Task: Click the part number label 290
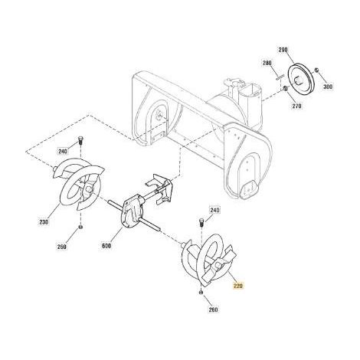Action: click(283, 50)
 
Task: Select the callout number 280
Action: click(267, 63)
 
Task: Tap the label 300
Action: click(328, 87)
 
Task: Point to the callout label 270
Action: click(296, 106)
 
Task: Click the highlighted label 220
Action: click(237, 286)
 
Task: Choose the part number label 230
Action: click(44, 222)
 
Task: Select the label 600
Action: click(106, 246)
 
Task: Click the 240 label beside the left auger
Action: click(63, 152)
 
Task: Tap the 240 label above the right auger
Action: click(214, 210)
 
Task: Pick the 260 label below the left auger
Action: click(62, 247)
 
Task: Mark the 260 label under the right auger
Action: click(213, 309)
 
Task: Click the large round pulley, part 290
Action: click(302, 79)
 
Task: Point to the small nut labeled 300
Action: click(317, 70)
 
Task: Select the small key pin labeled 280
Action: click(280, 77)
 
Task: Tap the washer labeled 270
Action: click(286, 88)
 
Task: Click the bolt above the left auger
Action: click(80, 141)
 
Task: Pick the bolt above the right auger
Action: click(201, 223)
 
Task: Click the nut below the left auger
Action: click(80, 227)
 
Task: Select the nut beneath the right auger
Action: click(201, 292)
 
